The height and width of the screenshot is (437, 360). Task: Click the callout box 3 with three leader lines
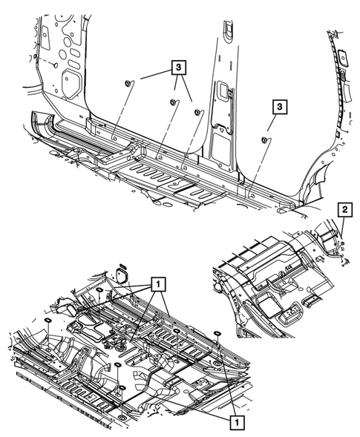(178, 68)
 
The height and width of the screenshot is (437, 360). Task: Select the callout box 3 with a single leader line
(279, 106)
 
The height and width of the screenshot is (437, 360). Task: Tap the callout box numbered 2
(345, 210)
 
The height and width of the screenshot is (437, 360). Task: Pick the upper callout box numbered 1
(158, 284)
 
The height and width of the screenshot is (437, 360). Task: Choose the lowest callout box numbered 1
(237, 423)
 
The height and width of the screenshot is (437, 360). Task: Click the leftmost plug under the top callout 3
(128, 83)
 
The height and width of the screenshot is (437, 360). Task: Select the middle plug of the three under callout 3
(173, 102)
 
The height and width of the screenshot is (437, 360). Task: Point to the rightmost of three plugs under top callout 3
(197, 112)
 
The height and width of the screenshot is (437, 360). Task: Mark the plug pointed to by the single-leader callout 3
(264, 140)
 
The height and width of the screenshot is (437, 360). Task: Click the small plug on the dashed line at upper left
(55, 65)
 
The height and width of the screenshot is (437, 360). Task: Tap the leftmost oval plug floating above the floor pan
(48, 320)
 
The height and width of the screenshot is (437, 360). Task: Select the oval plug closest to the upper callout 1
(99, 290)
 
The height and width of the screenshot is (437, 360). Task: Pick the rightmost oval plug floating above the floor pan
(217, 333)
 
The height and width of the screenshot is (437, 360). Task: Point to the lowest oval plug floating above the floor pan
(122, 388)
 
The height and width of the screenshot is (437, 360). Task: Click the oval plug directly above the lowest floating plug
(117, 364)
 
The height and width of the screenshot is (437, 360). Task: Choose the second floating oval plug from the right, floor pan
(176, 331)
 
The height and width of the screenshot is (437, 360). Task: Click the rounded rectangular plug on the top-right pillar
(342, 57)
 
